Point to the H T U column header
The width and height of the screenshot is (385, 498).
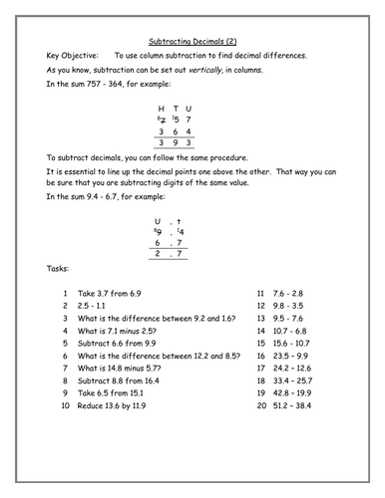[175, 108]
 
